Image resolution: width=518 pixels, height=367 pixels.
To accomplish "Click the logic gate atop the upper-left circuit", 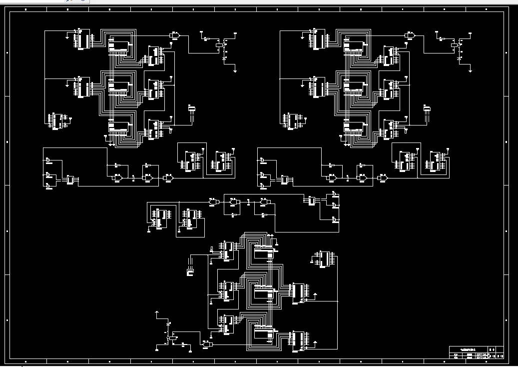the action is click(x=175, y=35).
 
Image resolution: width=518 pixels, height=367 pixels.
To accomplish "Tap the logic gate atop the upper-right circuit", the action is click(x=410, y=35).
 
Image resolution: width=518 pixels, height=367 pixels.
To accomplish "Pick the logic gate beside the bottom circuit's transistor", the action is click(x=207, y=344).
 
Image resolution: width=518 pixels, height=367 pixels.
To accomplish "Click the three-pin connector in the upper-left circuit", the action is click(x=191, y=109).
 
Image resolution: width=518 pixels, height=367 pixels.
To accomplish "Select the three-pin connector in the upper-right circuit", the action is click(x=427, y=109).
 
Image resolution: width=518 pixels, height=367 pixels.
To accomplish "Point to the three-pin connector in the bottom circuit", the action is click(x=190, y=271).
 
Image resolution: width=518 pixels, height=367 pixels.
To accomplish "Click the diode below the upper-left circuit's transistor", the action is click(x=224, y=59).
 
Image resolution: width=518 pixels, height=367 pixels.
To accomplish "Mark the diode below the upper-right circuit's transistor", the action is click(x=460, y=59).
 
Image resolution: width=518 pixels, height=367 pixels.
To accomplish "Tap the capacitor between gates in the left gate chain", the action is click(x=133, y=178).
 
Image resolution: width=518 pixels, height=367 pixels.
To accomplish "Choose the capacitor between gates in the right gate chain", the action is click(x=348, y=178).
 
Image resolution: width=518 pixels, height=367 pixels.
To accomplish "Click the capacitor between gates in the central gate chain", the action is click(x=248, y=201).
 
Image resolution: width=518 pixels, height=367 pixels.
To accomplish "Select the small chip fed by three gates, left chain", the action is click(x=70, y=179).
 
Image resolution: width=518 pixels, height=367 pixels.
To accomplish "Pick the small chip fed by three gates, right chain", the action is click(x=285, y=179).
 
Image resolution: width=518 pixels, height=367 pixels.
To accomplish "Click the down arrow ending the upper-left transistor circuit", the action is click(x=235, y=70).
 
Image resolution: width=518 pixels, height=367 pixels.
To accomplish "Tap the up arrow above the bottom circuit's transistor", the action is click(x=157, y=312).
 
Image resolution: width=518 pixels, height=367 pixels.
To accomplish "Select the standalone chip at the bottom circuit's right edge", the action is click(x=323, y=259).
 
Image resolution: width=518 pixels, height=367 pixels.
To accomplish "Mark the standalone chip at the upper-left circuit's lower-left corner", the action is click(x=57, y=121).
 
